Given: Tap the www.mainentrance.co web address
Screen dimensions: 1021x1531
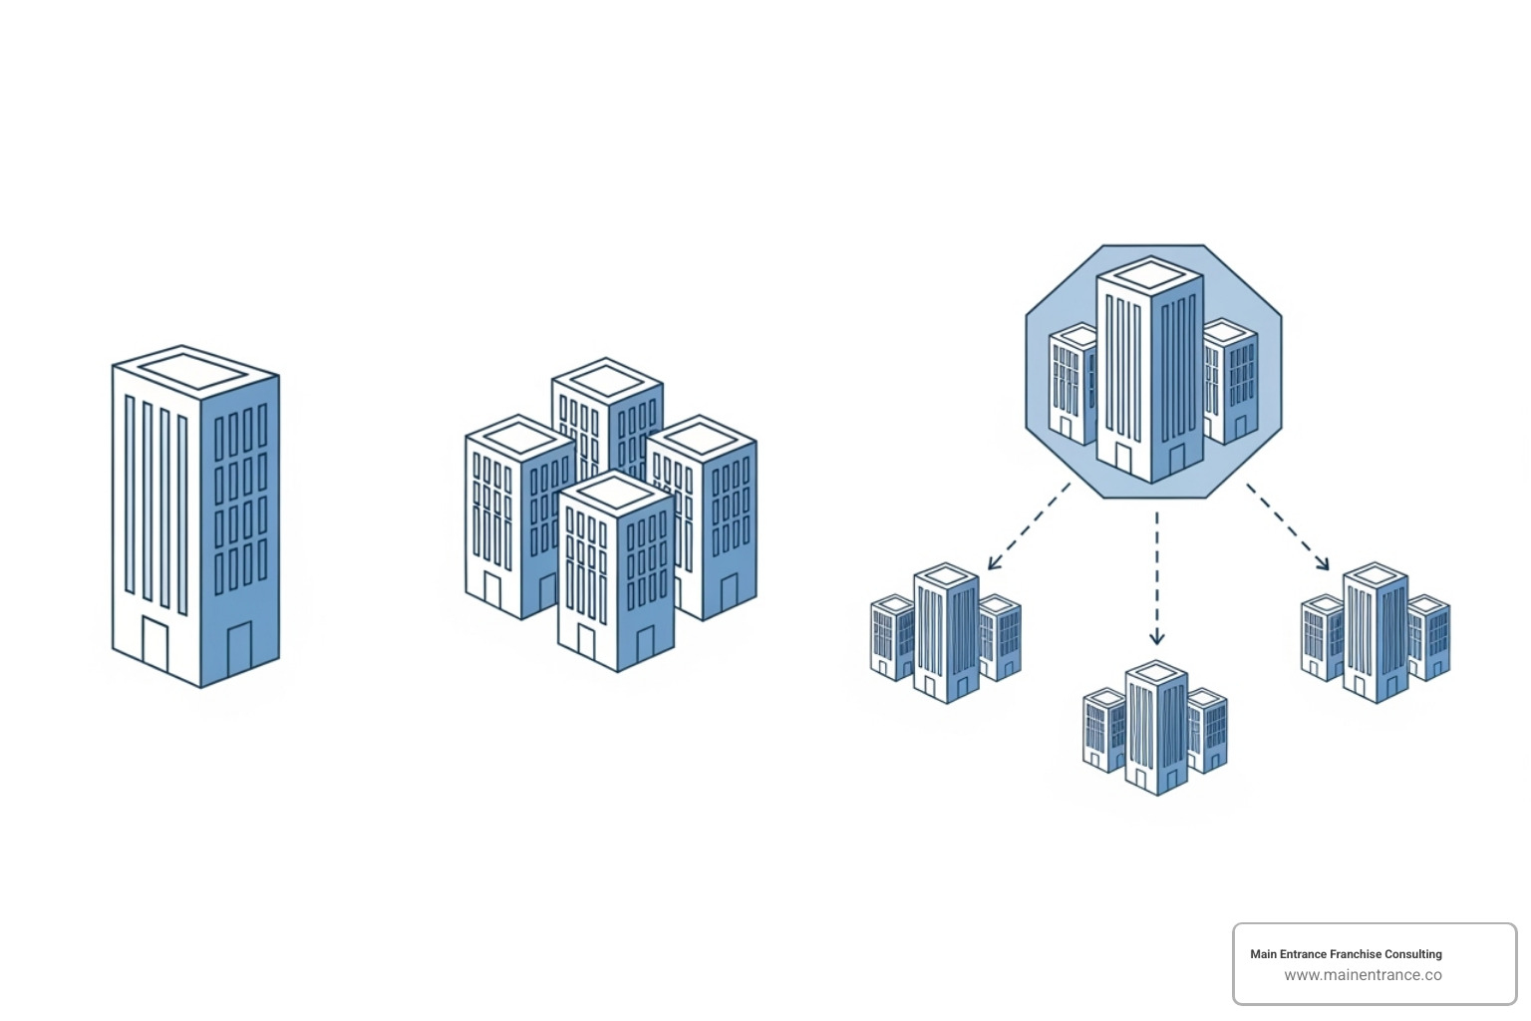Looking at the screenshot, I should click(x=1363, y=975).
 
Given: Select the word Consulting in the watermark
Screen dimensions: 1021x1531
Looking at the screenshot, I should click(x=1413, y=954).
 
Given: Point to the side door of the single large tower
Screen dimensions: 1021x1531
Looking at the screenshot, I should click(x=239, y=649).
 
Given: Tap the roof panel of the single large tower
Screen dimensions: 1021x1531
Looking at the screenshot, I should click(x=191, y=371).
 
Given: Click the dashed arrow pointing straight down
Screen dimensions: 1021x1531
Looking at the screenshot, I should click(x=1156, y=578).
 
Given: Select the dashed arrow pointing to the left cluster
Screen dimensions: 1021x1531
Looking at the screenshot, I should click(x=1028, y=527).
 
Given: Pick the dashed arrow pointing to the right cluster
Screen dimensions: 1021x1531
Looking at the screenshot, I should click(x=1288, y=527).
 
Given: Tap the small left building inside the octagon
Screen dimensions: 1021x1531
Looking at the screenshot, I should click(x=1072, y=384).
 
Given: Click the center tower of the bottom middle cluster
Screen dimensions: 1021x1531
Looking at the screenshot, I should click(x=1156, y=728).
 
